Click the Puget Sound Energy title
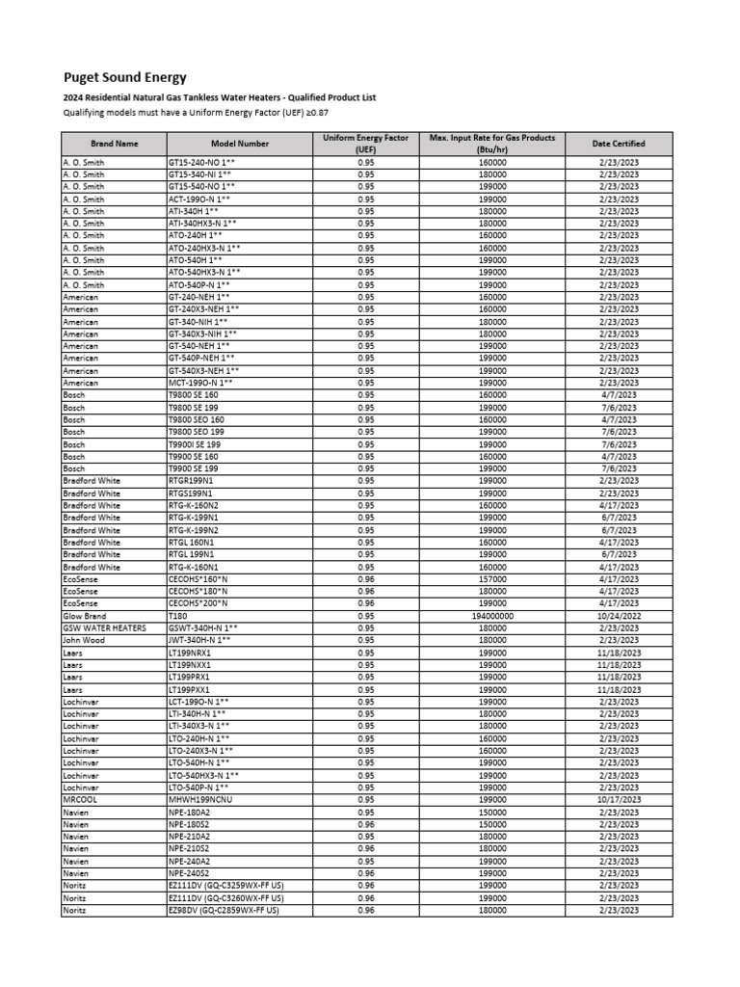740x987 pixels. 124,78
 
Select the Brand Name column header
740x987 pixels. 114,144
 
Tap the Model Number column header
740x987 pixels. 239,144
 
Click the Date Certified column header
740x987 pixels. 618,144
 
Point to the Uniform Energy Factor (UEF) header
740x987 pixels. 366,144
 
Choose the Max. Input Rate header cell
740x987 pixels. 491,144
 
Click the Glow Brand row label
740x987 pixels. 85,616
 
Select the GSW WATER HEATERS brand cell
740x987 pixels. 104,627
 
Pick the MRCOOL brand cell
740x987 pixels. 80,799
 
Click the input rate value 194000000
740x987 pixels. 491,616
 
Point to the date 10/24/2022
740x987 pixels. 618,616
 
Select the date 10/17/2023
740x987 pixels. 618,799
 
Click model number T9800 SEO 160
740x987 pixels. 196,420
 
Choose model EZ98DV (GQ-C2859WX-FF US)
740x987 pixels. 224,910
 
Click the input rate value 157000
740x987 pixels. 491,579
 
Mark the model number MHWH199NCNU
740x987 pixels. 201,799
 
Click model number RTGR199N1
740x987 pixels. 191,481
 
